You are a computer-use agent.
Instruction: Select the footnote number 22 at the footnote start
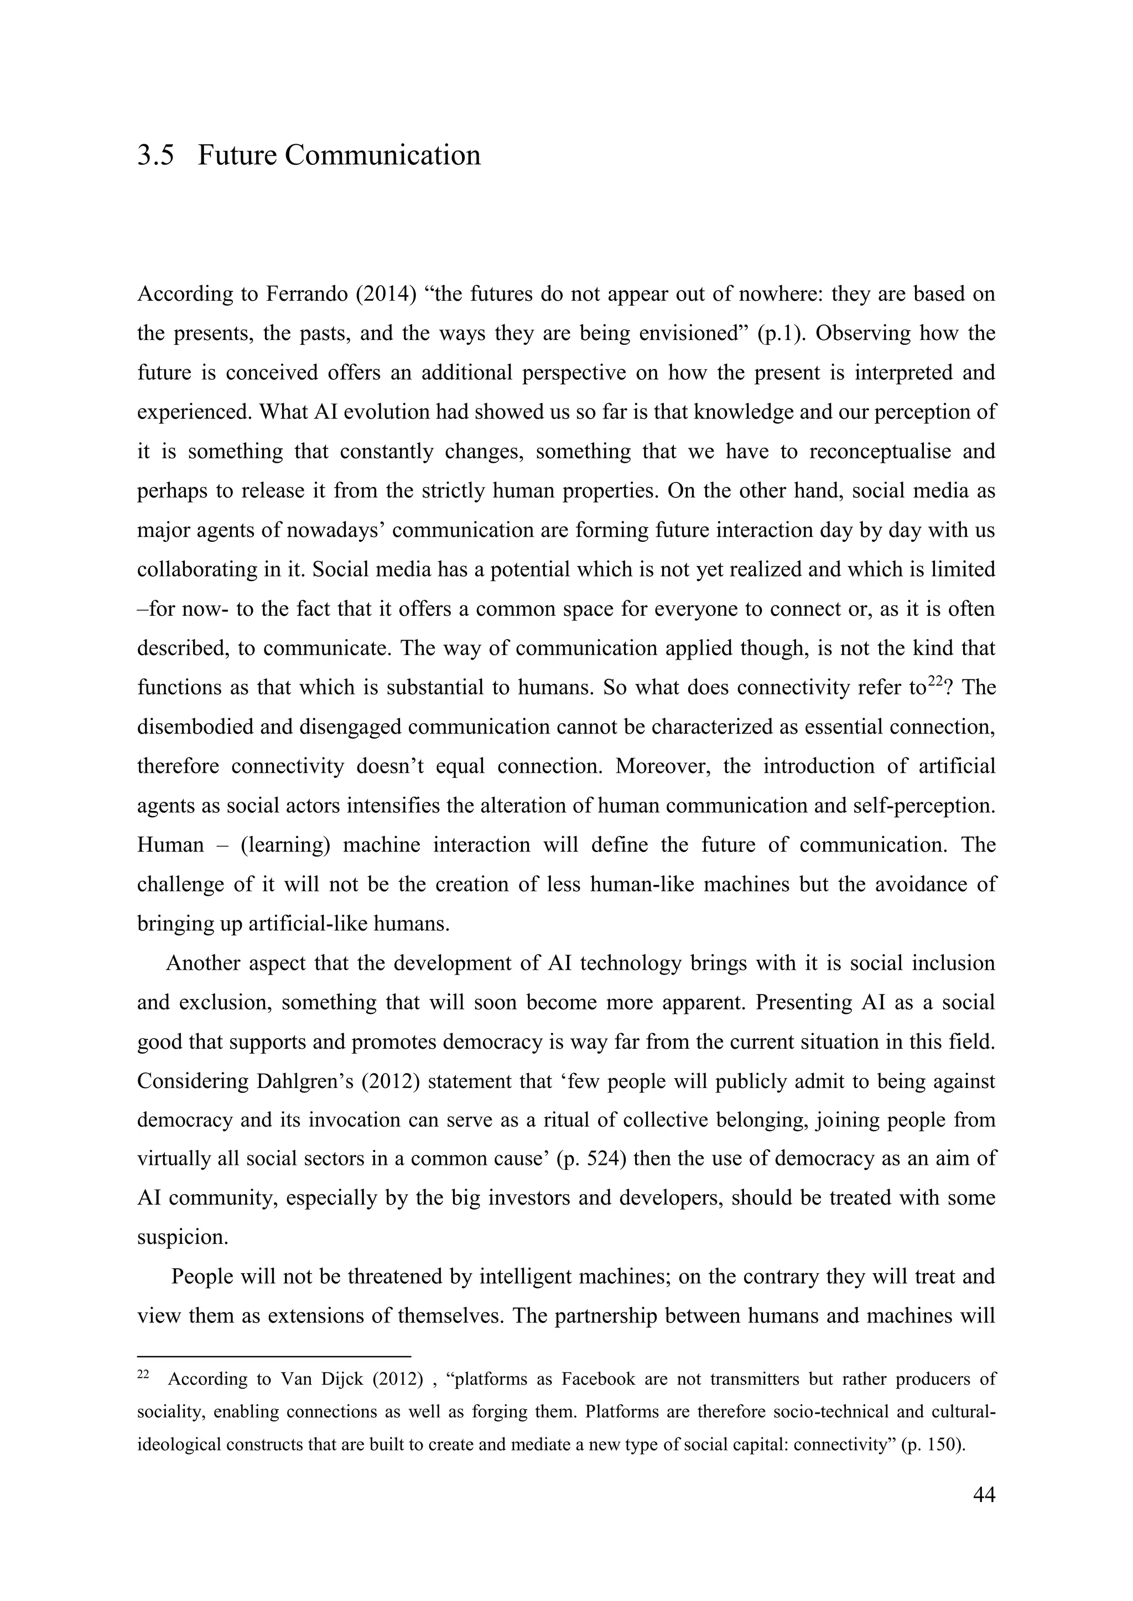[x=143, y=1375]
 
